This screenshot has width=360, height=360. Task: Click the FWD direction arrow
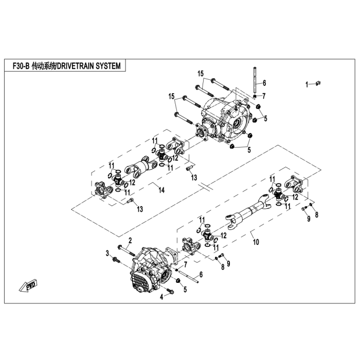[28, 286]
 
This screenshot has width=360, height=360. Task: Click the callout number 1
[307, 85]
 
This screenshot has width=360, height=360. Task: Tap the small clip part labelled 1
[318, 83]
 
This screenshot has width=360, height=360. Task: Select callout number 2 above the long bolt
[130, 240]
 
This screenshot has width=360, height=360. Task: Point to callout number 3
[107, 254]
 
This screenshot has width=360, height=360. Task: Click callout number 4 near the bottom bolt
[161, 297]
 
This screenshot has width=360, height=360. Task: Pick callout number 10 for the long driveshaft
[256, 242]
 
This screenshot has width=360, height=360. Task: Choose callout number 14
[161, 190]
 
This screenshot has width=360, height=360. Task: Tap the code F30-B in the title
[21, 66]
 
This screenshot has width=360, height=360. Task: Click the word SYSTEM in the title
[108, 66]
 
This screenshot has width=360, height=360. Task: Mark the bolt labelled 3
[116, 260]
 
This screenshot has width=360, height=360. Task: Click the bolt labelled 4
[170, 291]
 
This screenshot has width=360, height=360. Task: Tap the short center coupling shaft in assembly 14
[141, 168]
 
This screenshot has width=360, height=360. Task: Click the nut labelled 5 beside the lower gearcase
[178, 280]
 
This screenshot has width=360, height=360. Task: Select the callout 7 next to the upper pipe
[264, 96]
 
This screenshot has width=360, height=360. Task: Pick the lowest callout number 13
[140, 209]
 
